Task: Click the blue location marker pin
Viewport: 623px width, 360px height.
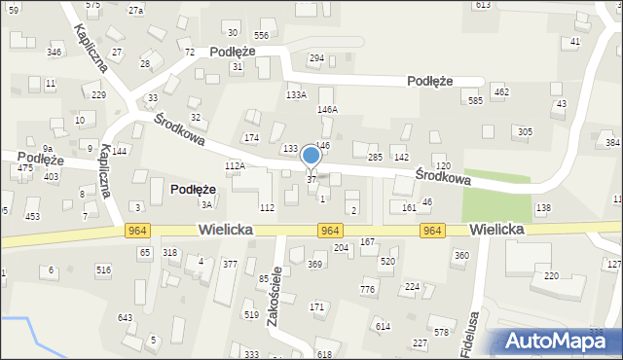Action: click(x=311, y=156)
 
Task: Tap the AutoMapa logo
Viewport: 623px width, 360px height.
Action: click(x=554, y=341)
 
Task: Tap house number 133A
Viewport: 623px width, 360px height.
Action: click(x=296, y=94)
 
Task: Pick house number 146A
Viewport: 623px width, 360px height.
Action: click(x=327, y=110)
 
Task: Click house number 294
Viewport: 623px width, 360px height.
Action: click(x=316, y=58)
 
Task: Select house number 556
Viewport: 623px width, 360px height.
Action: click(x=261, y=35)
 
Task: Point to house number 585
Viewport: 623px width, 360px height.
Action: click(x=475, y=100)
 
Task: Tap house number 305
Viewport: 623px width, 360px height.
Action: click(x=525, y=131)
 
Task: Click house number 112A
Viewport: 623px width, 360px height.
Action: click(x=235, y=166)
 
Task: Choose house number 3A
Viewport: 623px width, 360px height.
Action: click(x=206, y=204)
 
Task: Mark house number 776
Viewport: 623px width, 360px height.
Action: click(x=367, y=290)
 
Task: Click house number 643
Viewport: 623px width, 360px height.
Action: click(x=125, y=318)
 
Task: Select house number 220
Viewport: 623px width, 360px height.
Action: click(x=551, y=276)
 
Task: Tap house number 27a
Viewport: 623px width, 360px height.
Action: click(x=135, y=10)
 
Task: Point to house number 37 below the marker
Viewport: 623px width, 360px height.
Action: click(x=311, y=180)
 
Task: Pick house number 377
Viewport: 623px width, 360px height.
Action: click(x=230, y=264)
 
